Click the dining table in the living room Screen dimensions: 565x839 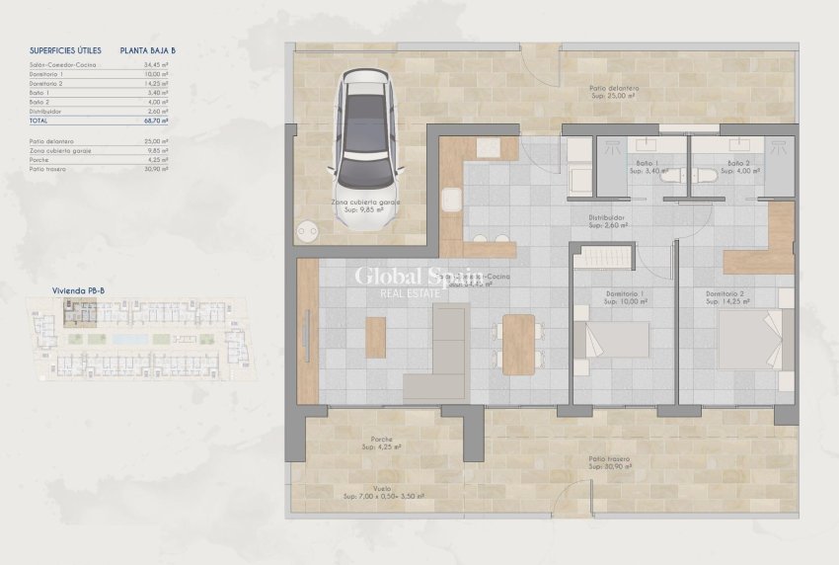518,344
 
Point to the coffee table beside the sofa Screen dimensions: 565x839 375,337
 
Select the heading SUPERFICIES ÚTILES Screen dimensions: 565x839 66,48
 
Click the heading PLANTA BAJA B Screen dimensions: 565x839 147,48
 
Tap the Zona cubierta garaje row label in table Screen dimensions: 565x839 60,151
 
